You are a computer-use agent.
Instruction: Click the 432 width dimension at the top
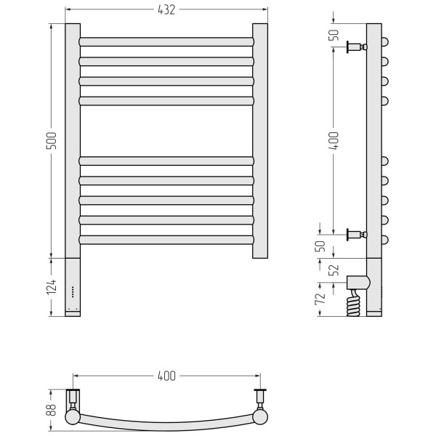click(x=166, y=9)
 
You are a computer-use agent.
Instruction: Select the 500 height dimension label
click(x=51, y=141)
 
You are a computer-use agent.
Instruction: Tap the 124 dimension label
click(x=51, y=287)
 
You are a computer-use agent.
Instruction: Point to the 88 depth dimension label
click(x=51, y=410)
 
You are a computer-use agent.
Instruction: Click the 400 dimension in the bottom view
click(x=166, y=376)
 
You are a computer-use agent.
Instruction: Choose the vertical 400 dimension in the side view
click(x=334, y=141)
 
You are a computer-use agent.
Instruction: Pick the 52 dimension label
click(x=334, y=270)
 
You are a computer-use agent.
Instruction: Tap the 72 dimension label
click(x=320, y=299)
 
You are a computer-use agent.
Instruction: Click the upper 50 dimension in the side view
click(x=334, y=35)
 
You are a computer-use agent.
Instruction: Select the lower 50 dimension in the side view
click(x=320, y=246)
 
